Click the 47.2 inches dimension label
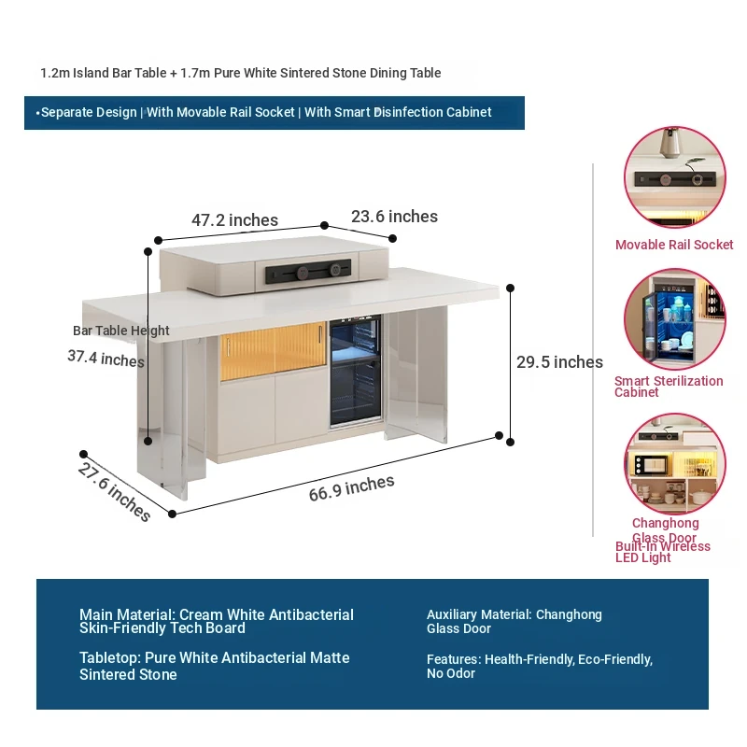click(234, 220)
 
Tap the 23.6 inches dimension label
click(394, 217)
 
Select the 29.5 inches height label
click(559, 362)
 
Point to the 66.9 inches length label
click(352, 488)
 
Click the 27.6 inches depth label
click(114, 492)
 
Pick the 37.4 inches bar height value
click(106, 359)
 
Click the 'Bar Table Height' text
click(121, 331)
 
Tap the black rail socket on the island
click(308, 273)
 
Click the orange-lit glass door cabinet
click(273, 351)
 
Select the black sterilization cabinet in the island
click(356, 371)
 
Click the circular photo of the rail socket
click(674, 177)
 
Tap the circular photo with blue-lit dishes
click(674, 319)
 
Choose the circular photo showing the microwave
click(674, 463)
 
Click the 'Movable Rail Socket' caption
click(674, 245)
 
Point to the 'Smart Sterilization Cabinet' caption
click(669, 387)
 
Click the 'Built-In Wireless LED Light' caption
click(663, 552)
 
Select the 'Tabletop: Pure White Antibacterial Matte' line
click(215, 658)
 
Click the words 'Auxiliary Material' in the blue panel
click(479, 614)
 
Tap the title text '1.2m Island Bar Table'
click(104, 73)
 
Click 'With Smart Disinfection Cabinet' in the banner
click(398, 112)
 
